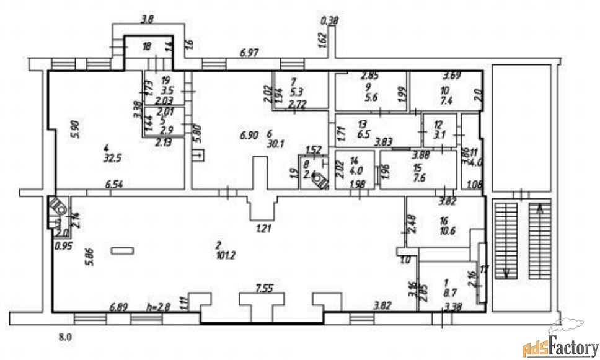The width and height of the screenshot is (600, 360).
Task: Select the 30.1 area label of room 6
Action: tap(275, 143)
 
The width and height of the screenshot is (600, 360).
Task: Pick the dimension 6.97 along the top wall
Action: tap(249, 55)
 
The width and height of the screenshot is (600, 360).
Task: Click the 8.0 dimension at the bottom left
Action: tap(65, 338)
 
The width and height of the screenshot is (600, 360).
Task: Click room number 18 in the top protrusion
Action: tap(147, 46)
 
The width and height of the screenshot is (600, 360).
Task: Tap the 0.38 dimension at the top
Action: tap(329, 21)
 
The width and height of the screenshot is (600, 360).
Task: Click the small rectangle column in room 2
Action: tap(121, 251)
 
